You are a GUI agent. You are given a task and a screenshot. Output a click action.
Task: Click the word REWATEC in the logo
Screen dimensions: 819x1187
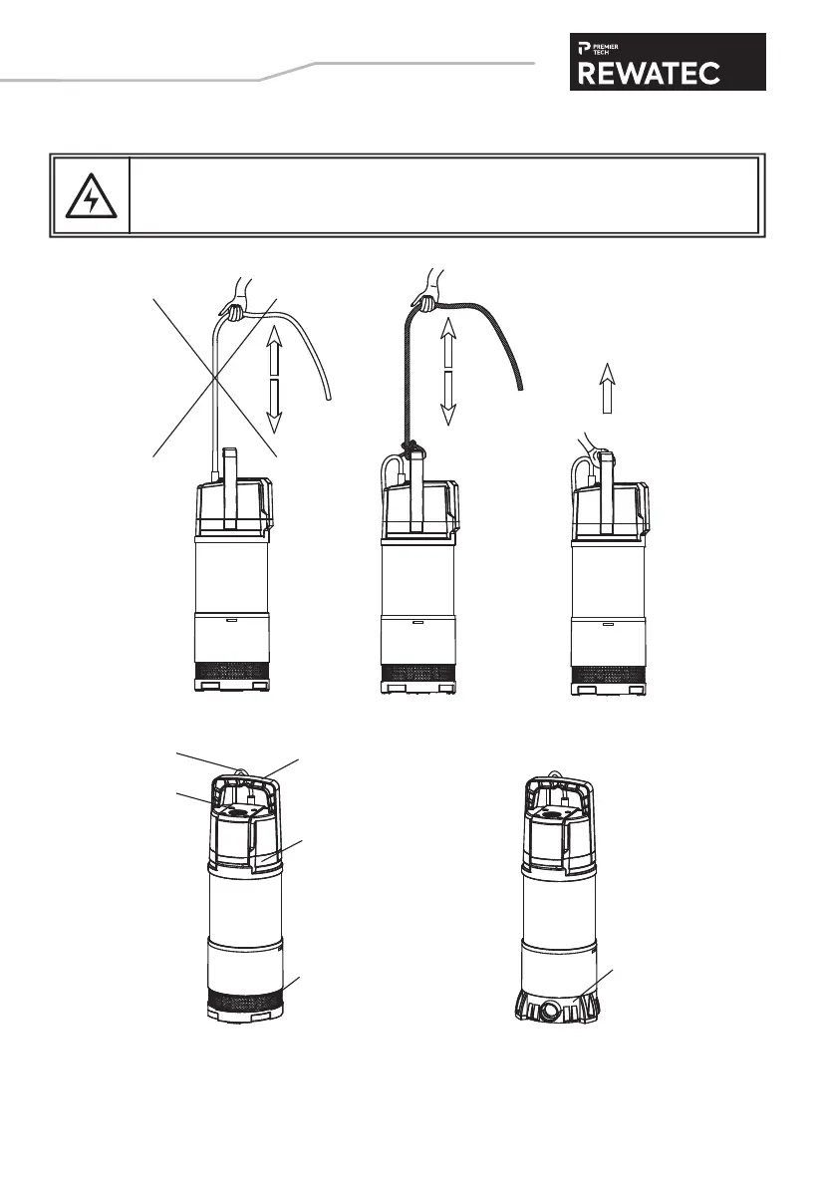667,72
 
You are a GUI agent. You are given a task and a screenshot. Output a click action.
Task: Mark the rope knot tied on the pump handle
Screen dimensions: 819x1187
408,448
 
